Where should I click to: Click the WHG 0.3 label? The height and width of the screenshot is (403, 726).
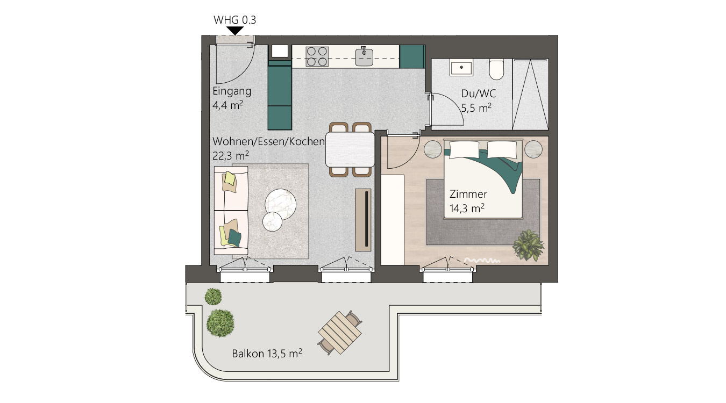235,20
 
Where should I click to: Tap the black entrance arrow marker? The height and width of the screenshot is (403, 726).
235,31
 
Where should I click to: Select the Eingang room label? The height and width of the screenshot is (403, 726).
232,91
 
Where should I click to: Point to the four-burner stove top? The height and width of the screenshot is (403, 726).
317,56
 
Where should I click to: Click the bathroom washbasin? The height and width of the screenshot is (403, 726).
461,68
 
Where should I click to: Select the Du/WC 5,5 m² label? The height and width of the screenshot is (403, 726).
476,100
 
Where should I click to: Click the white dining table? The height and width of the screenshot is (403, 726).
350,149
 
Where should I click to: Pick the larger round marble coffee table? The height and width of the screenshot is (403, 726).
281,203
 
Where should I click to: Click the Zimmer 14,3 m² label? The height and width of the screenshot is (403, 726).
468,201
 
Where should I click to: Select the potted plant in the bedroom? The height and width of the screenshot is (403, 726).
528,246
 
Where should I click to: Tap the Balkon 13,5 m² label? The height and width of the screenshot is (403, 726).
267,354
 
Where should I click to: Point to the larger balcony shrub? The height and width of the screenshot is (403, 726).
220,322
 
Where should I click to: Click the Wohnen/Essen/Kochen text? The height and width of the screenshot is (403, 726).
268,142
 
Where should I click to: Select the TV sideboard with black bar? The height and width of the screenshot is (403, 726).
364,219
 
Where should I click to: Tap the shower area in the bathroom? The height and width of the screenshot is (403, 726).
530,94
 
